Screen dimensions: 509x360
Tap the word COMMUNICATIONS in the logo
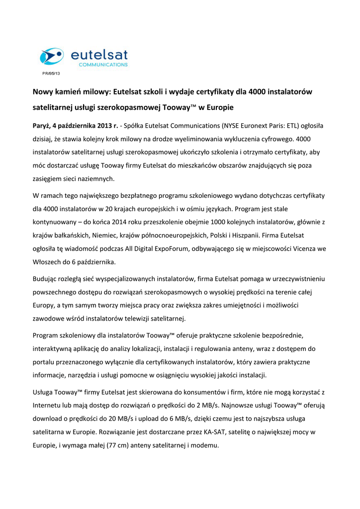pos(103,65)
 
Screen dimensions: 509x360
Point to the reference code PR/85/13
pos(51,74)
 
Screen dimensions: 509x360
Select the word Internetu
pos(49,405)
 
